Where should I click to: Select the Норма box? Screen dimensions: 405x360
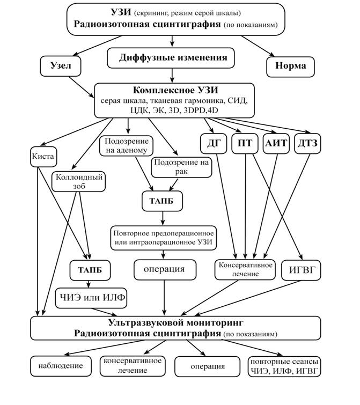point(290,66)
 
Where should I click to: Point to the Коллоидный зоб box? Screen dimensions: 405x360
point(78,181)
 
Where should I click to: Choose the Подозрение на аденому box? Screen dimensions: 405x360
point(126,145)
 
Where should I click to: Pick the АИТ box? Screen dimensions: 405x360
point(277,144)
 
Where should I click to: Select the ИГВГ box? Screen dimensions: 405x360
point(300,270)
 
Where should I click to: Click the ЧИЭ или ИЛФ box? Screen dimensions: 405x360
point(91,297)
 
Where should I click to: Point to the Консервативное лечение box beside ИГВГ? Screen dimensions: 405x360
point(246,269)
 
